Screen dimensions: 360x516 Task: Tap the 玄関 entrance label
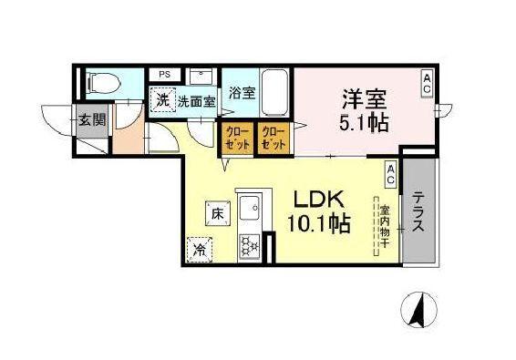tap(91, 120)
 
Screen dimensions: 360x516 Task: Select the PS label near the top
tap(165, 75)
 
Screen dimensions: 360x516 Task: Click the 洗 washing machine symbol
tap(162, 99)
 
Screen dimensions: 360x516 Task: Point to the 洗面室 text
tap(196, 101)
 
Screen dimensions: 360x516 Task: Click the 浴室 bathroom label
tap(242, 93)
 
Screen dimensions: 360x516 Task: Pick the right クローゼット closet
tap(273, 138)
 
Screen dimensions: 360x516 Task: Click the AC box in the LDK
tap(390, 170)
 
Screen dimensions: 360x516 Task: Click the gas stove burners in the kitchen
tap(249, 245)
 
